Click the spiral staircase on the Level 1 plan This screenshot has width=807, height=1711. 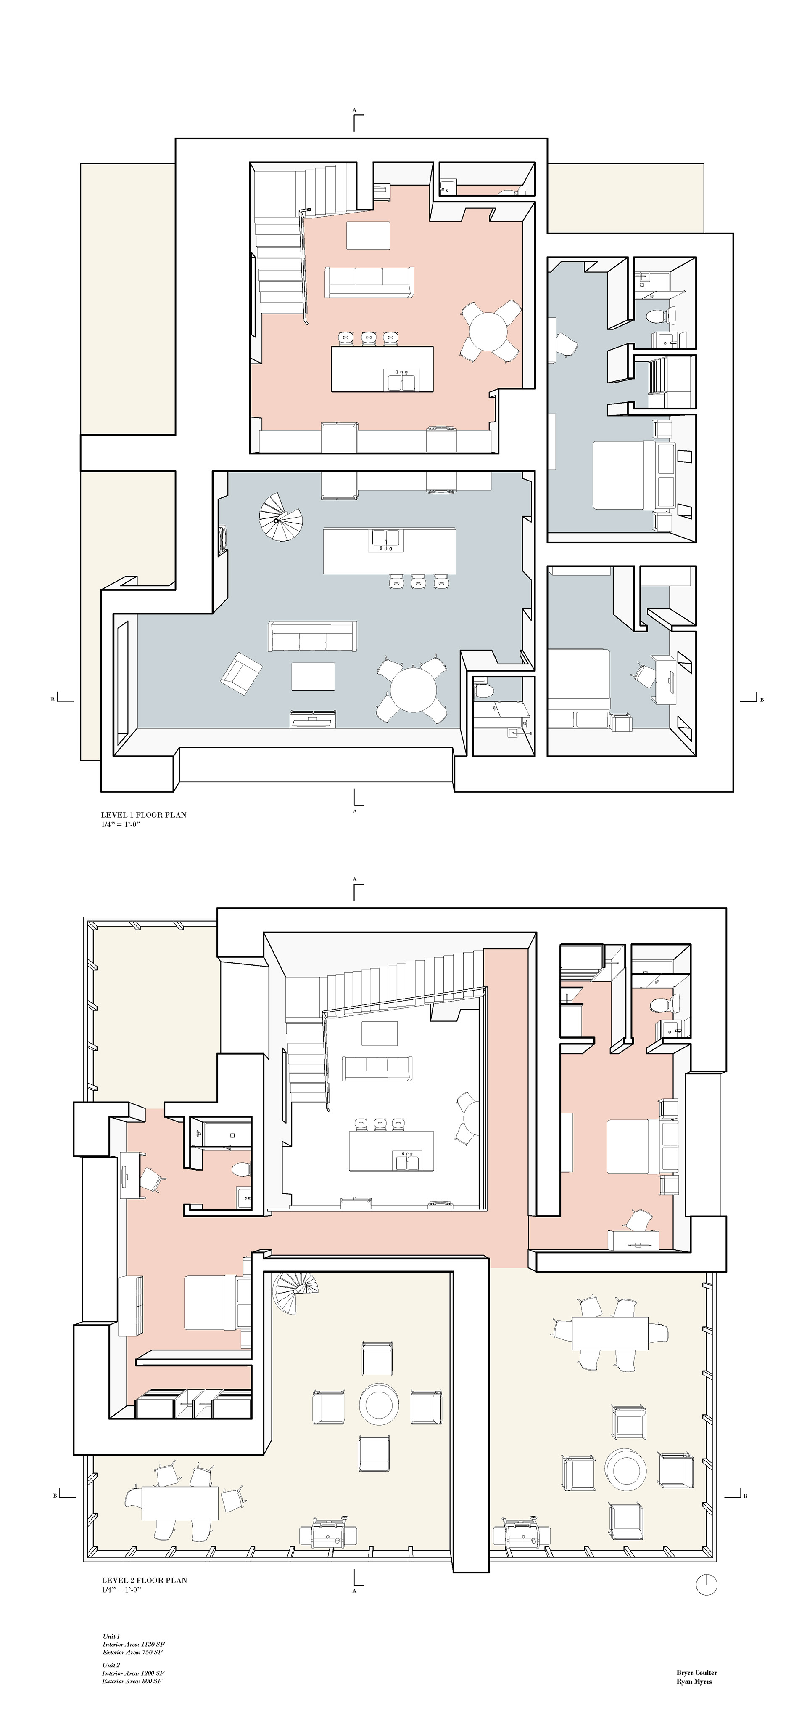click(x=280, y=518)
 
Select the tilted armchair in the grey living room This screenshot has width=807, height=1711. click(x=240, y=674)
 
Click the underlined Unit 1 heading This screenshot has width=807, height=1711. click(x=111, y=1637)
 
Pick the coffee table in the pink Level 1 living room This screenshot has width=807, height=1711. click(x=368, y=236)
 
